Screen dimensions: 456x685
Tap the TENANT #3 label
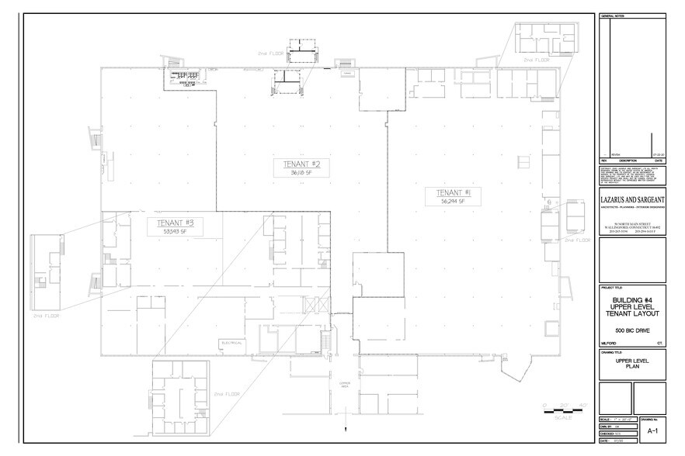click(x=175, y=222)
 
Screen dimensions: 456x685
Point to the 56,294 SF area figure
click(x=451, y=201)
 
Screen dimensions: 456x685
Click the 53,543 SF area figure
click(x=175, y=230)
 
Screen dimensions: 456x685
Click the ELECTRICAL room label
click(x=233, y=341)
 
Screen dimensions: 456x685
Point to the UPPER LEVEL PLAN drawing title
click(x=633, y=366)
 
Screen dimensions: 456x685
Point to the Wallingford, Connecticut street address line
click(x=633, y=227)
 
